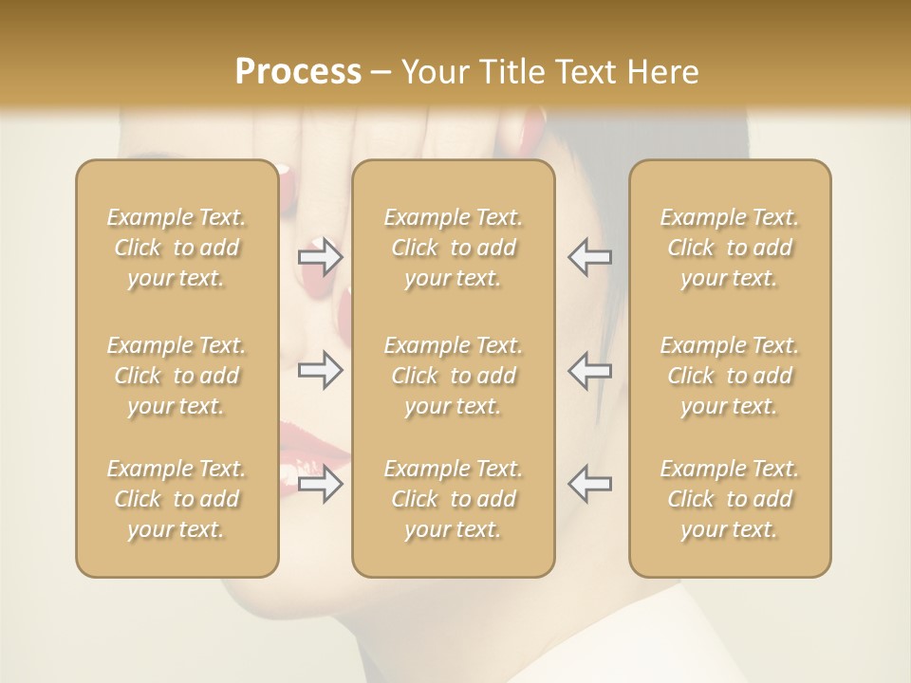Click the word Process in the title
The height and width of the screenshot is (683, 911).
(298, 72)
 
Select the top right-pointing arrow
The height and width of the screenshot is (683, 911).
(320, 257)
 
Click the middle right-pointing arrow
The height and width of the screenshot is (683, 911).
(320, 371)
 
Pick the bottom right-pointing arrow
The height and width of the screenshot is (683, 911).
(320, 484)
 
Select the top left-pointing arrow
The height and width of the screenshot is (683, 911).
(589, 257)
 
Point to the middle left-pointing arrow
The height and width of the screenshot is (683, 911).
(589, 371)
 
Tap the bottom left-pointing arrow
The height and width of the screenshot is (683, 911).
(589, 484)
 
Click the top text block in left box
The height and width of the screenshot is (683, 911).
(177, 248)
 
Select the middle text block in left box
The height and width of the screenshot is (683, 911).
(177, 376)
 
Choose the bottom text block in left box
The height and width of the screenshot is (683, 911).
(177, 499)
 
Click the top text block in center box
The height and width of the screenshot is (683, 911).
(453, 248)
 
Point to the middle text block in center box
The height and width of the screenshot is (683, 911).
(453, 376)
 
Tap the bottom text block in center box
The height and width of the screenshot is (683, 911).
(453, 499)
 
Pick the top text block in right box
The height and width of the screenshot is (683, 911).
(729, 248)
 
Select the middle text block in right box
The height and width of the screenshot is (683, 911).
(729, 376)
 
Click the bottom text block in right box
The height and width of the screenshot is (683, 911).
(729, 499)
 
